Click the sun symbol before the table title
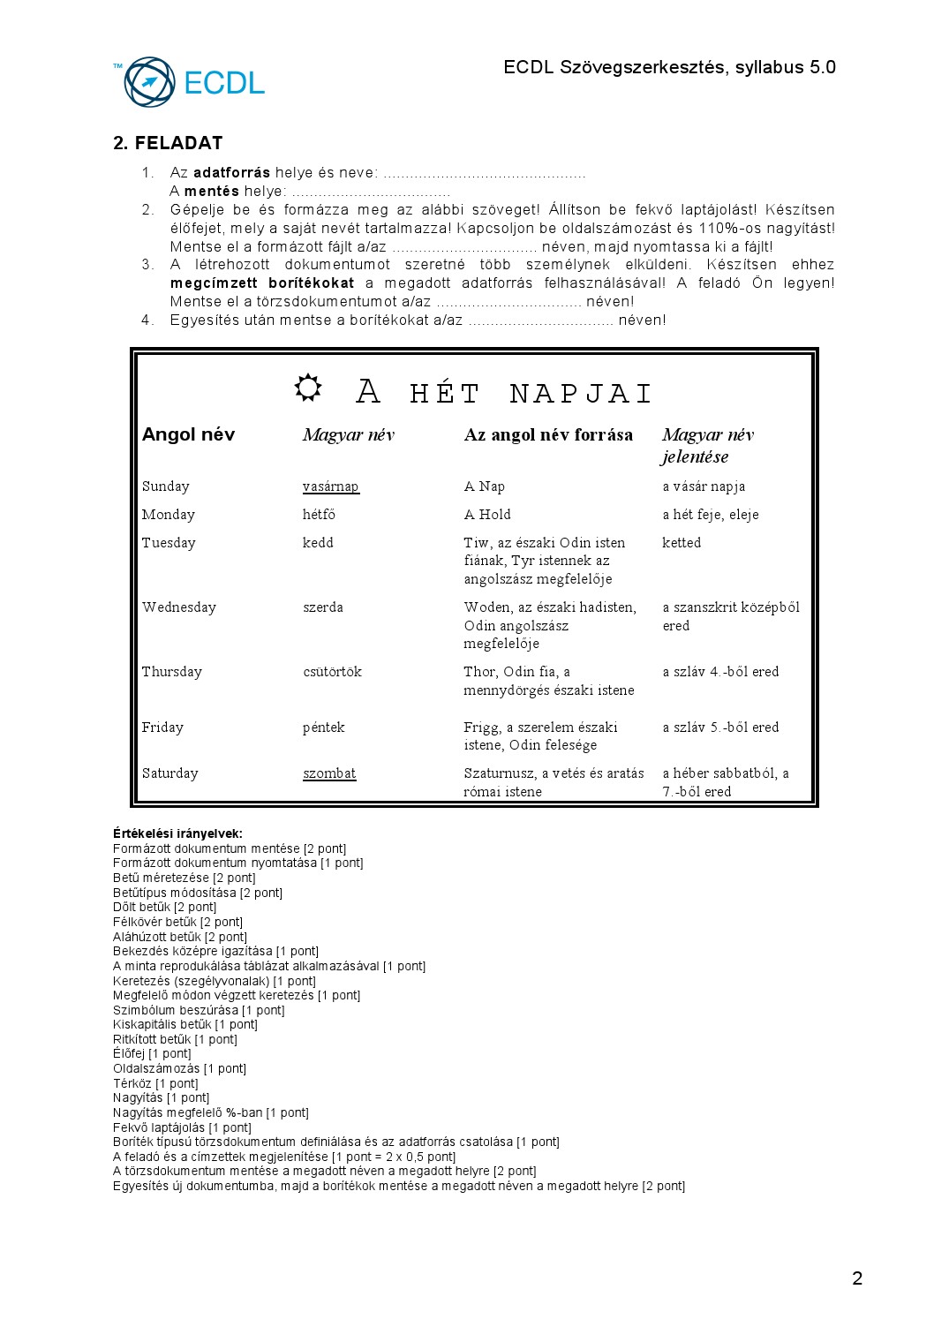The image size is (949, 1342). point(308,388)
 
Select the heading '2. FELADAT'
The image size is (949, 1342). point(168,143)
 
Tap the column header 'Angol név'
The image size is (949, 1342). point(188,434)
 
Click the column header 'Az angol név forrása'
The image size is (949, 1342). point(548,434)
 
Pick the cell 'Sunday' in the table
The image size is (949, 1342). point(166,486)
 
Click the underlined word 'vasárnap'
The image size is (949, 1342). point(330,486)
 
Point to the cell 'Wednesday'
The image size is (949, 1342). point(179,607)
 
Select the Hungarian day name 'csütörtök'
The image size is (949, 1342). point(332,672)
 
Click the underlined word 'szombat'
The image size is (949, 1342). point(329,773)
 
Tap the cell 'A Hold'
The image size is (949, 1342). point(487,515)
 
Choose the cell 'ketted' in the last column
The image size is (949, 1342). point(682,543)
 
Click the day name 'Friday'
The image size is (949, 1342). point(162,728)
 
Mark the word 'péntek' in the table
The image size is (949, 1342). point(323,728)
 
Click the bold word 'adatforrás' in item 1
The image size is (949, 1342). point(231,173)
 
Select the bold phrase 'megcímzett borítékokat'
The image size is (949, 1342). point(262,283)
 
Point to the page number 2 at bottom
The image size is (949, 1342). point(857,1278)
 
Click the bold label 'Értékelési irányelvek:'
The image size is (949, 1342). point(177,833)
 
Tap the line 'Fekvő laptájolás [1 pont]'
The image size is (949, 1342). point(182,1127)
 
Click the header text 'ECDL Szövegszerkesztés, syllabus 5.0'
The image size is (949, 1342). point(669,68)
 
